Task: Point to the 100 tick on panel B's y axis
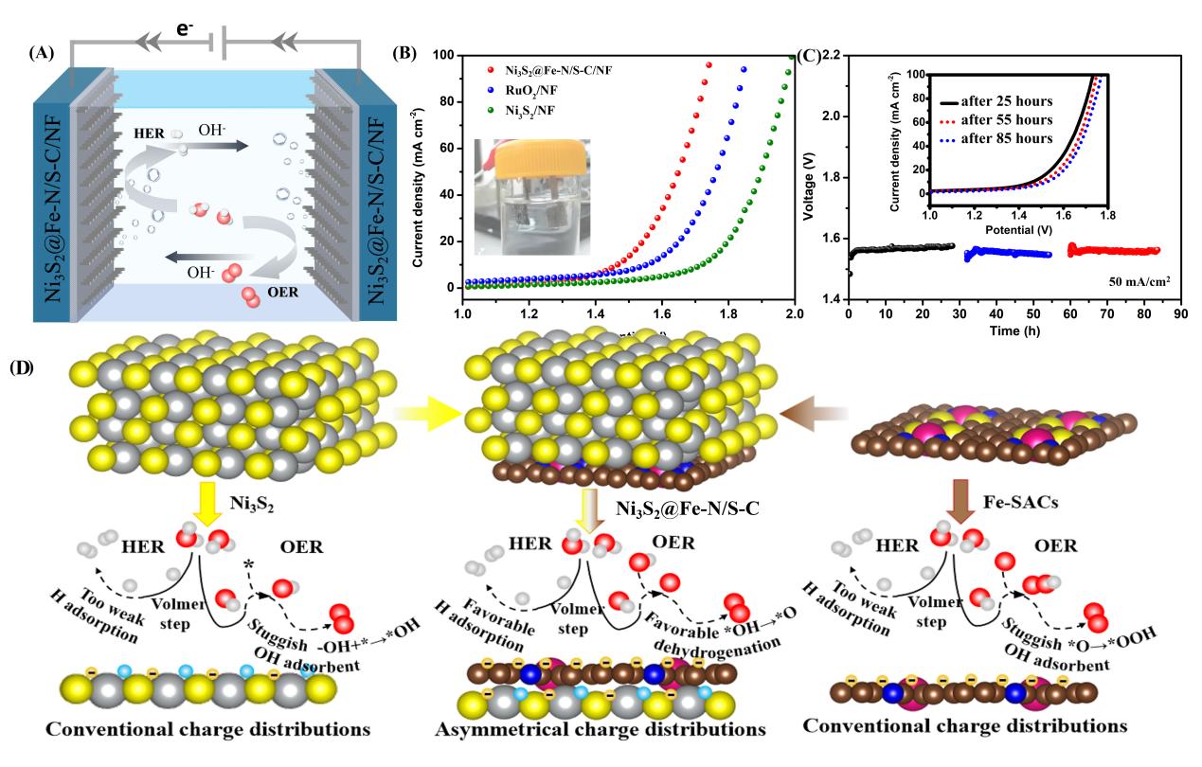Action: (445, 56)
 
